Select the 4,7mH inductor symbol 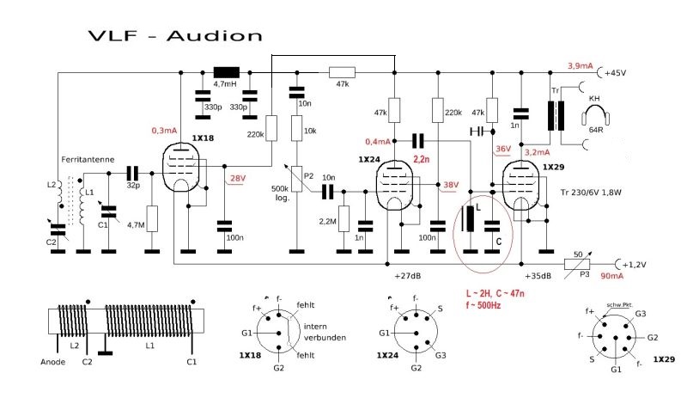(227, 72)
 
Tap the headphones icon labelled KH (593, 115)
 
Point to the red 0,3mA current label (163, 131)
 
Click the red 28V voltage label (235, 178)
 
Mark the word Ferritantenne (85, 160)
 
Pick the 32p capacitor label (134, 184)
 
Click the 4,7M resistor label (134, 224)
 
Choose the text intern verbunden (325, 331)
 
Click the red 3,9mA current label (580, 65)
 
